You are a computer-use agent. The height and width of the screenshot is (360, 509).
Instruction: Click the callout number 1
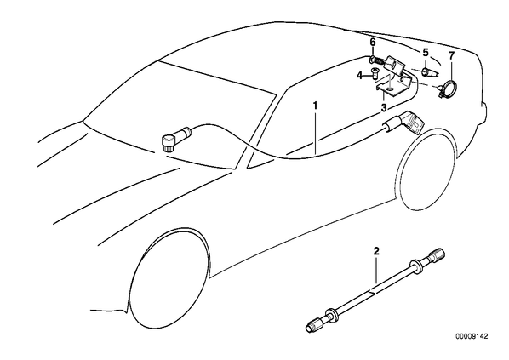coord(315,106)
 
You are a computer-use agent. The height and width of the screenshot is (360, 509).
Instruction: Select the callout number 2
coord(376,250)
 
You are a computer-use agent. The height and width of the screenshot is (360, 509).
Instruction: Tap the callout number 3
coord(384,108)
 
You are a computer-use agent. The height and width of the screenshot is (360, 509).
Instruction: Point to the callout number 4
coord(360,76)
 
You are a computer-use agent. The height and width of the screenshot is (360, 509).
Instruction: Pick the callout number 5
coord(426,52)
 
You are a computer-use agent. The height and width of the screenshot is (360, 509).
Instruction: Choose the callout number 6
coord(372,43)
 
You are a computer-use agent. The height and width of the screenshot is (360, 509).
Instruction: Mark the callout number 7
coord(451,55)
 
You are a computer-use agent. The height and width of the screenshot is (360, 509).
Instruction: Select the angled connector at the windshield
coord(175,138)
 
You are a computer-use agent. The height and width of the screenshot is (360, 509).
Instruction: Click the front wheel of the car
coord(169,277)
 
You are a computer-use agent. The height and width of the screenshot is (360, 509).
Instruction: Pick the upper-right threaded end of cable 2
coord(437,254)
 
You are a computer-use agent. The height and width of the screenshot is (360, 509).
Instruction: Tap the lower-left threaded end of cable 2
coord(316,324)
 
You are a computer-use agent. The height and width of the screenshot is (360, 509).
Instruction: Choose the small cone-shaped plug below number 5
coord(427,72)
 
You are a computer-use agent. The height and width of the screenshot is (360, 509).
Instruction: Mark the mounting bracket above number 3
coord(393,78)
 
